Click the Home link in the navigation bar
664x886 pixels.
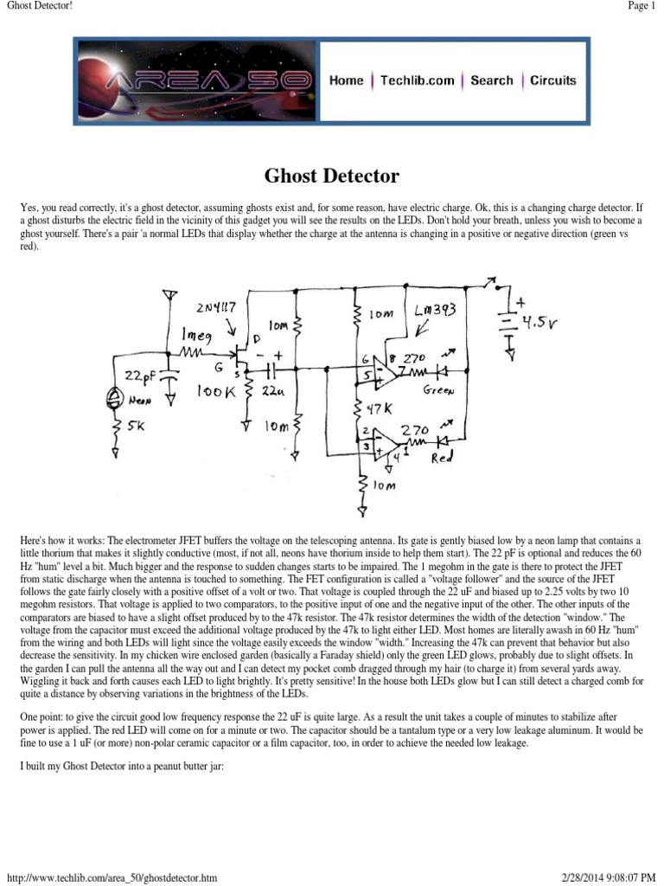click(346, 80)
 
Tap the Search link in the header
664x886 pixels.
click(491, 80)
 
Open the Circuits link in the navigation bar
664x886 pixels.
click(552, 80)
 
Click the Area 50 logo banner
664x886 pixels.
click(195, 80)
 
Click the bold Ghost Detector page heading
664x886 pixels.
click(331, 177)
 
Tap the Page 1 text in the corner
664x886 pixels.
click(641, 7)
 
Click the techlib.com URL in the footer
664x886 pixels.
click(112, 878)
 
